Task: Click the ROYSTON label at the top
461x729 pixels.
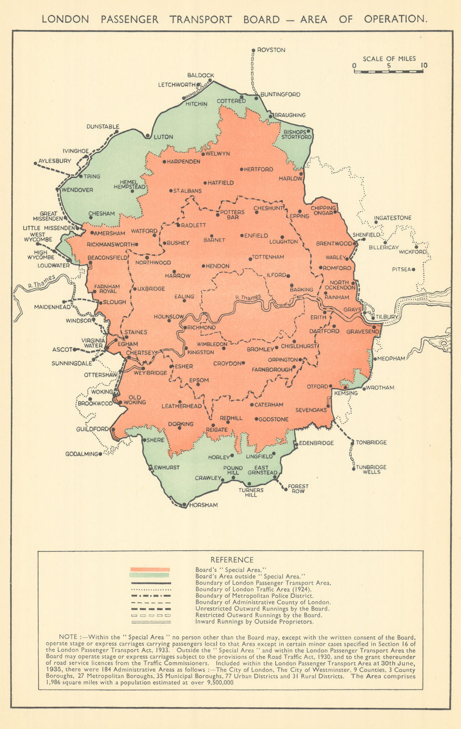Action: pyautogui.click(x=271, y=50)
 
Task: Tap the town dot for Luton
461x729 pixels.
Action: pyautogui.click(x=147, y=136)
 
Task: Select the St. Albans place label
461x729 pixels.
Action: pyautogui.click(x=187, y=191)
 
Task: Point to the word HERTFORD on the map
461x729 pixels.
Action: pyautogui.click(x=259, y=169)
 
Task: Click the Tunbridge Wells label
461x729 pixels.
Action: pyautogui.click(x=372, y=469)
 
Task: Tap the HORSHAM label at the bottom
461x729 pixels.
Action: pyautogui.click(x=203, y=505)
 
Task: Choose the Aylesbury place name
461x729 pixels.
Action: pyautogui.click(x=55, y=161)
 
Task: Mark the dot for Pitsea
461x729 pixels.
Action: pyautogui.click(x=414, y=270)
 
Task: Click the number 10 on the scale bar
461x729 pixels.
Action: pyautogui.click(x=424, y=66)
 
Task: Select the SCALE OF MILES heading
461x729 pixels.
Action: pyautogui.click(x=389, y=58)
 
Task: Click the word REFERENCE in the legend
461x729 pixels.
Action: pyautogui.click(x=232, y=560)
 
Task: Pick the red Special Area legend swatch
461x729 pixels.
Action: pyautogui.click(x=150, y=570)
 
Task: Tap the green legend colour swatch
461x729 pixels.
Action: pyautogui.click(x=150, y=575)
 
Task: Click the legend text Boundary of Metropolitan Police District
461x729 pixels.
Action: pyautogui.click(x=254, y=596)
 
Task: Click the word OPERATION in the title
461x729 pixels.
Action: pyautogui.click(x=395, y=19)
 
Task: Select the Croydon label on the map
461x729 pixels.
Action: pyautogui.click(x=227, y=364)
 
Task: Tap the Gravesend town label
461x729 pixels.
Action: pyautogui.click(x=363, y=332)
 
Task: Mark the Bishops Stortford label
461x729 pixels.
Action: pyautogui.click(x=296, y=134)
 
